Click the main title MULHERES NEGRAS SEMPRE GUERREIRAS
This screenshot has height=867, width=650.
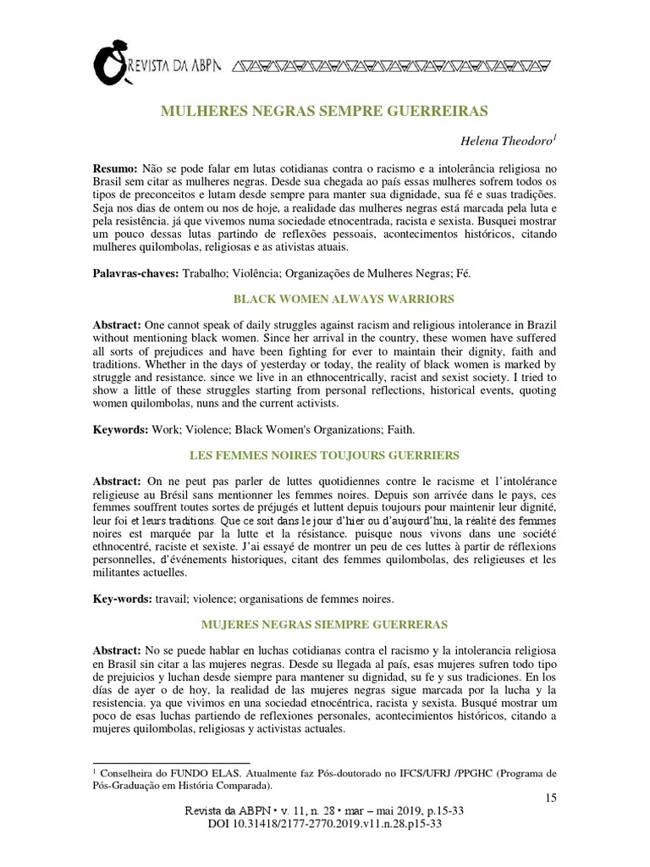click(324, 111)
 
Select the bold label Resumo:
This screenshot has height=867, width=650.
click(114, 168)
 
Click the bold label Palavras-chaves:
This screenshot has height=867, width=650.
click(135, 273)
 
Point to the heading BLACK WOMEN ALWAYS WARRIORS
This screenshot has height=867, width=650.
click(324, 299)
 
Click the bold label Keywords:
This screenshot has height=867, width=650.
click(119, 430)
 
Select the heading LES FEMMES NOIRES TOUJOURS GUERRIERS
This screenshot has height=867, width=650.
click(324, 456)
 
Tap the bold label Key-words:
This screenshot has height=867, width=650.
click(122, 599)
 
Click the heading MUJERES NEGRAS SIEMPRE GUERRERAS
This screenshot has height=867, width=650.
click(324, 625)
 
